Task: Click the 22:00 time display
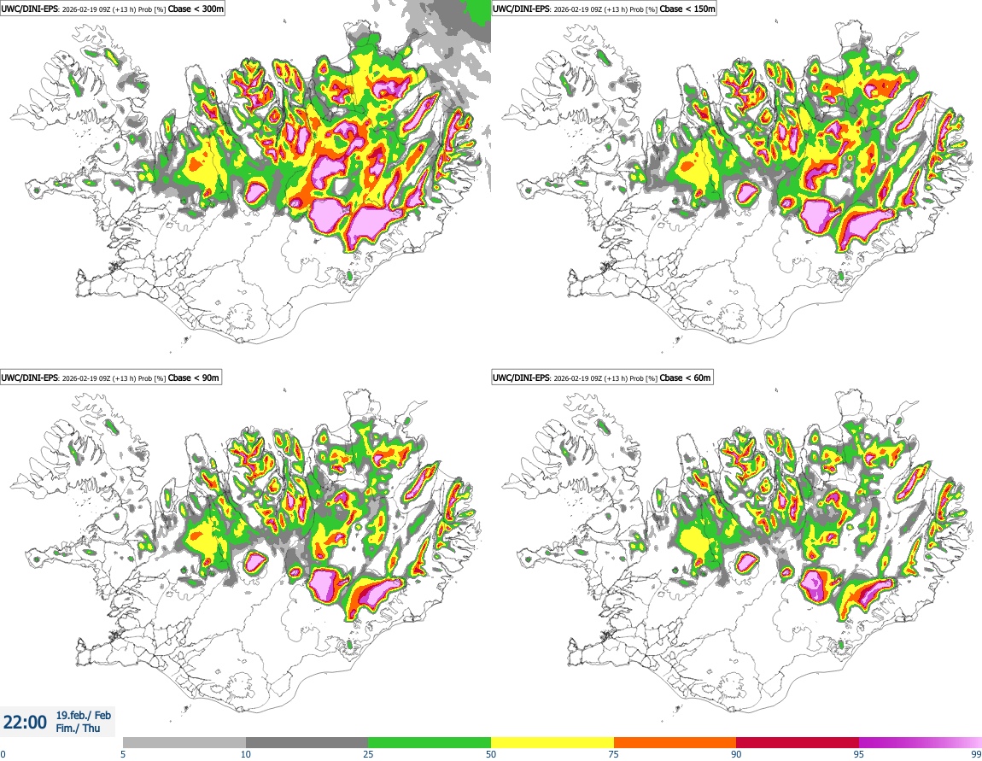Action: tap(26, 723)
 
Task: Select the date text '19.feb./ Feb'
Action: tap(84, 716)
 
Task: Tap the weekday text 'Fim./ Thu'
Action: tap(78, 729)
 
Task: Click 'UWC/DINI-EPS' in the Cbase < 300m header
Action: tap(29, 9)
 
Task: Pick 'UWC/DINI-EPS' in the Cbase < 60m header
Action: tap(522, 378)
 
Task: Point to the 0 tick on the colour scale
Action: tap(3, 753)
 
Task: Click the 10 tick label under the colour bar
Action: tap(246, 753)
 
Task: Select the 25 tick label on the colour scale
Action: tap(368, 753)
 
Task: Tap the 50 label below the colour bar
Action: tap(491, 753)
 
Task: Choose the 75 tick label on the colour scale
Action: tap(614, 753)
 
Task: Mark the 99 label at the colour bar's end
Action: tap(976, 753)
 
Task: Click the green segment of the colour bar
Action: tap(430, 742)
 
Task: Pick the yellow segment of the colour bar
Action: tap(552, 742)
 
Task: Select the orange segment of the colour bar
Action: tap(675, 742)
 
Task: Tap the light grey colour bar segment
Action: tap(184, 742)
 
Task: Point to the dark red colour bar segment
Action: tap(798, 742)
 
